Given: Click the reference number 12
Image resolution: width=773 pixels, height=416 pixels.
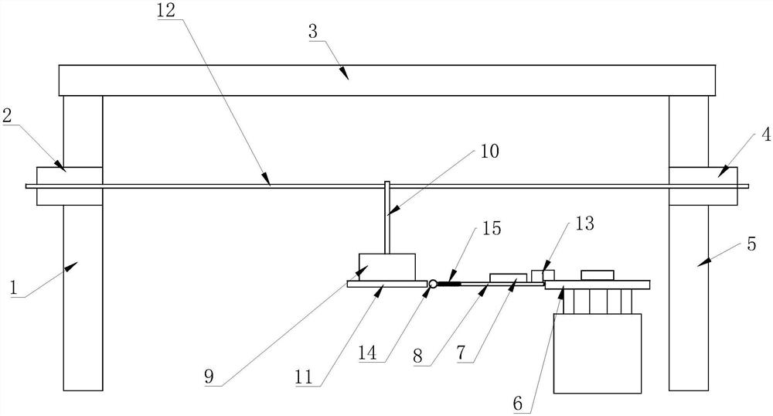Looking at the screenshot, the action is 166,10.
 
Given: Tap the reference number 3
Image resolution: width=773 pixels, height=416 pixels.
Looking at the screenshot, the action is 313,32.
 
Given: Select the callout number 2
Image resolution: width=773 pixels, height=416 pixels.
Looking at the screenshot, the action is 7,116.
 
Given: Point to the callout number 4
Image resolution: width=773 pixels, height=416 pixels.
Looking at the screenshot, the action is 766,134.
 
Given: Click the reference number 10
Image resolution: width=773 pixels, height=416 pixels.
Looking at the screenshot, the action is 490,151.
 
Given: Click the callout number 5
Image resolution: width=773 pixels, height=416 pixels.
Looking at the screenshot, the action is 751,244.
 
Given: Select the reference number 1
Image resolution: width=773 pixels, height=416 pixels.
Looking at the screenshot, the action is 14,288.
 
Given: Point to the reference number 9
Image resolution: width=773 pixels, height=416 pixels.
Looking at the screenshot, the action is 209,377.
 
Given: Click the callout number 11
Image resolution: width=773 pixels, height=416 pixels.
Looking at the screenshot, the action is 304,377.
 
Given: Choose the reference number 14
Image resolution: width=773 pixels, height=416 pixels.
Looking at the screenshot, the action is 368,353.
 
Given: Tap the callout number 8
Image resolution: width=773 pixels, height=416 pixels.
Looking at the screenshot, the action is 417,356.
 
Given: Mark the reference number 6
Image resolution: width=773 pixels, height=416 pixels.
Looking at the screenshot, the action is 518,404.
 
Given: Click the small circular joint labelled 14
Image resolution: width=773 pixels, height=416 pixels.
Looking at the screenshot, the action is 433,284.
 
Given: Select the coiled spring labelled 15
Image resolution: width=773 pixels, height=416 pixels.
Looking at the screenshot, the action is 448,284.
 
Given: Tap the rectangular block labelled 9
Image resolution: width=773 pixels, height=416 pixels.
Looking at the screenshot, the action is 387,267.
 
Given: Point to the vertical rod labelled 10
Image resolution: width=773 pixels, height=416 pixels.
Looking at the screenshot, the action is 387,217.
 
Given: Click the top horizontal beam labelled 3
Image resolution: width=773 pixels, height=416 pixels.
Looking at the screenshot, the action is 387,80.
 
